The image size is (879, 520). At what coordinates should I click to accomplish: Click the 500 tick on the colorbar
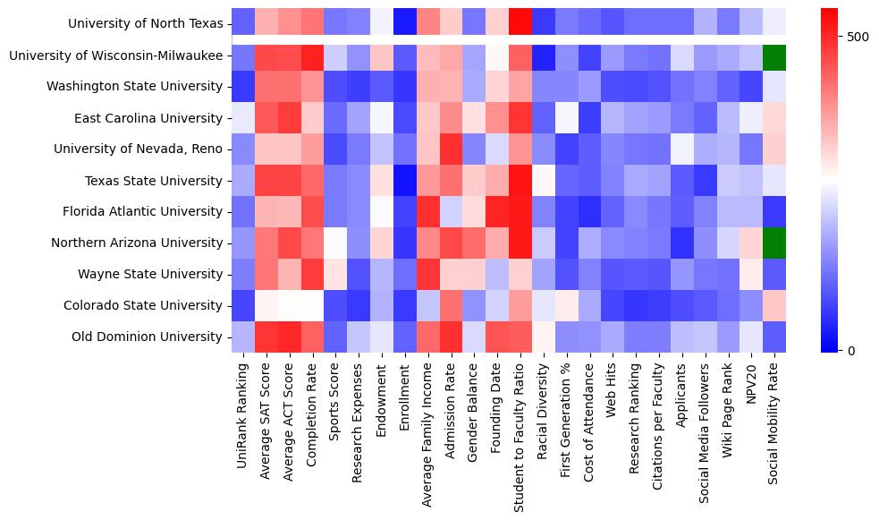(x=858, y=37)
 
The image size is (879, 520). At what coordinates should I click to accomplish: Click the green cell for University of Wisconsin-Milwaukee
(x=775, y=55)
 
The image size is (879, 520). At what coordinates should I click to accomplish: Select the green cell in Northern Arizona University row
(x=775, y=243)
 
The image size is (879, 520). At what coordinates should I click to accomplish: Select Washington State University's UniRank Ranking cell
(x=242, y=87)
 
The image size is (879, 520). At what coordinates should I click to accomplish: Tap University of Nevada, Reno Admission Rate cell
(x=451, y=149)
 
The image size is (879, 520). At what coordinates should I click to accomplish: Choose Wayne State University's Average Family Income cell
(x=427, y=274)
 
